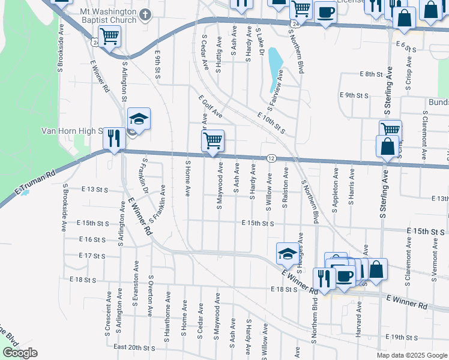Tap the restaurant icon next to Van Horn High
(x=113, y=138)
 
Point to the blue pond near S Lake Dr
(x=275, y=65)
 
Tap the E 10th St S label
(x=270, y=122)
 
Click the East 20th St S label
(x=134, y=347)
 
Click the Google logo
(x=20, y=353)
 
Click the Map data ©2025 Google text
(x=412, y=355)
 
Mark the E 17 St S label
(x=92, y=256)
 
